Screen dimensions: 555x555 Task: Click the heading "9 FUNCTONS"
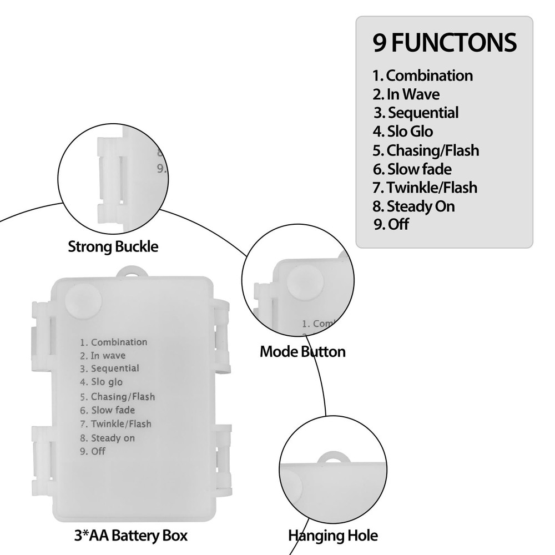pyautogui.click(x=444, y=43)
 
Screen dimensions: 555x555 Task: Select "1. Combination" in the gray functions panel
pyautogui.click(x=422, y=75)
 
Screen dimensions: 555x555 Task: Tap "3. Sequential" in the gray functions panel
pyautogui.click(x=416, y=113)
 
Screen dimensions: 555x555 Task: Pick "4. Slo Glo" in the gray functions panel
pyautogui.click(x=403, y=132)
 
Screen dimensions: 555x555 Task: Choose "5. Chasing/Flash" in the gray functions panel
pyautogui.click(x=426, y=150)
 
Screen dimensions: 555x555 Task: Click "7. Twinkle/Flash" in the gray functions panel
pyautogui.click(x=425, y=188)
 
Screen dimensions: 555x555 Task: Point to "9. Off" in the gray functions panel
pyautogui.click(x=391, y=225)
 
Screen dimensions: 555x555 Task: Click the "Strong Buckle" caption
pyautogui.click(x=113, y=246)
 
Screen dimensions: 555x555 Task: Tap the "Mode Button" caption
pyautogui.click(x=302, y=351)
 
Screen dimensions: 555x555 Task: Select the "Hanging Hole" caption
pyautogui.click(x=332, y=536)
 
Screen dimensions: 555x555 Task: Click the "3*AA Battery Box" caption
pyautogui.click(x=130, y=536)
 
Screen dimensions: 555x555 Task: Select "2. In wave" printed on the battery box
pyautogui.click(x=102, y=355)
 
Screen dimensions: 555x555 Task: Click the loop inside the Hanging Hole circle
pyautogui.click(x=335, y=457)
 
